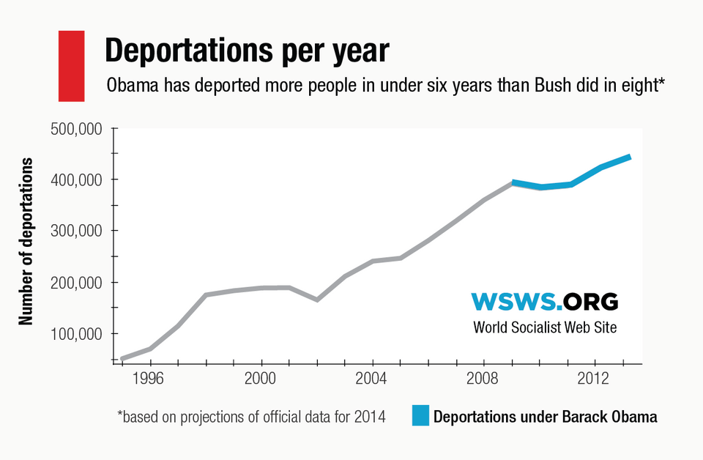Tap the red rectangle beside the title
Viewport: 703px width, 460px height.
(x=71, y=65)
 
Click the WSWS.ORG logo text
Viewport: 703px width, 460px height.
(x=545, y=301)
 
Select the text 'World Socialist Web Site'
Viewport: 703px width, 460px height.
(x=545, y=327)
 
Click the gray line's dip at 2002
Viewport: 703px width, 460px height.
(x=317, y=300)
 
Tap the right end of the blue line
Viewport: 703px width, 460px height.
(x=629, y=157)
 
